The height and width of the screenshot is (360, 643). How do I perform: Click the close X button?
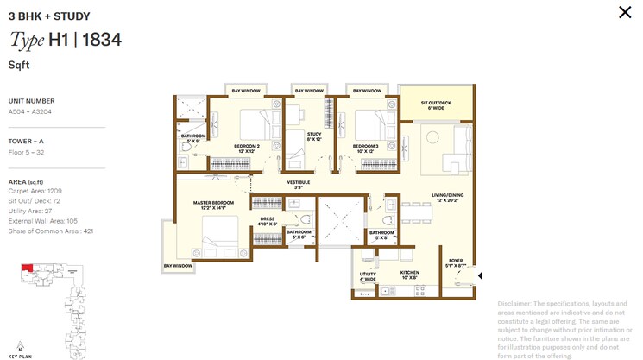pos(625,12)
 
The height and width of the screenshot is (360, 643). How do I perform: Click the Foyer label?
pos(456,262)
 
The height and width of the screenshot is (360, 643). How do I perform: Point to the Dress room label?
pos(267,221)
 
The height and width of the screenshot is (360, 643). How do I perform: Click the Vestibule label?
pos(299,185)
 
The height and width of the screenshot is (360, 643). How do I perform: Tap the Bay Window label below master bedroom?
pos(178,266)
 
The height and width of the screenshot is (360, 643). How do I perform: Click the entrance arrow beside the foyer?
pos(479,276)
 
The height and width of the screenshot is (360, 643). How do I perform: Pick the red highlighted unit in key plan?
pos(27,270)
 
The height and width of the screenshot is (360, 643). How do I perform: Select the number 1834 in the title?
pos(102,40)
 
